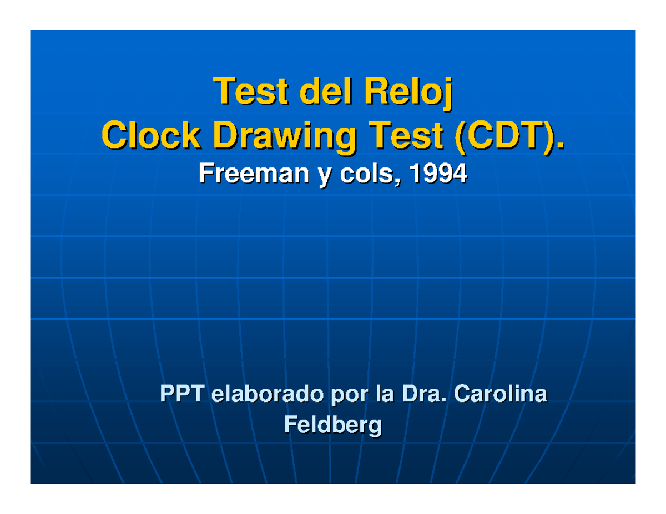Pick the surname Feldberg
click(332, 426)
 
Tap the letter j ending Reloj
click(448, 94)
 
